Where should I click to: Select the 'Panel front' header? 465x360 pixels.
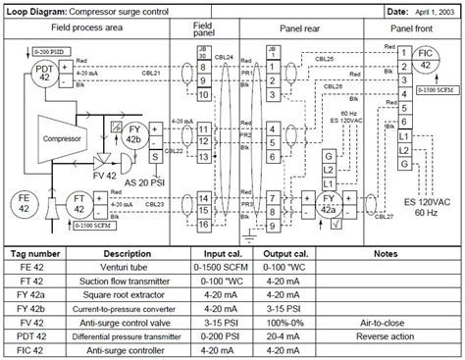[x=417, y=29]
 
